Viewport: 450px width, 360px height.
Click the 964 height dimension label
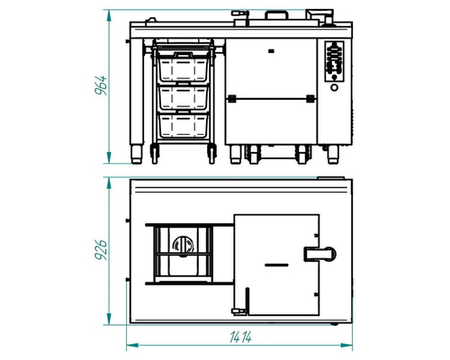pyautogui.click(x=101, y=85)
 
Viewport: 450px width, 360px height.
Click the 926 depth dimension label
pyautogui.click(x=101, y=250)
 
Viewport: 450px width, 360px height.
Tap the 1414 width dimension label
pyautogui.click(x=240, y=337)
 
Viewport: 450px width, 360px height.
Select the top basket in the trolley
pyautogui.click(x=183, y=67)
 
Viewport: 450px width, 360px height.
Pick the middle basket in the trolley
pyautogui.click(x=183, y=98)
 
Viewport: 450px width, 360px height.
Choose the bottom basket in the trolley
pyautogui.click(x=183, y=125)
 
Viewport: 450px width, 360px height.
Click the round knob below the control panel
pyautogui.click(x=334, y=87)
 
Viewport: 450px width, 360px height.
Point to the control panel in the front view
pyautogui.click(x=335, y=61)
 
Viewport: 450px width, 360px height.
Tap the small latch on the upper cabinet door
pyautogui.click(x=271, y=51)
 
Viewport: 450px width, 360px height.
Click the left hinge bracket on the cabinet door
pyautogui.click(x=231, y=99)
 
